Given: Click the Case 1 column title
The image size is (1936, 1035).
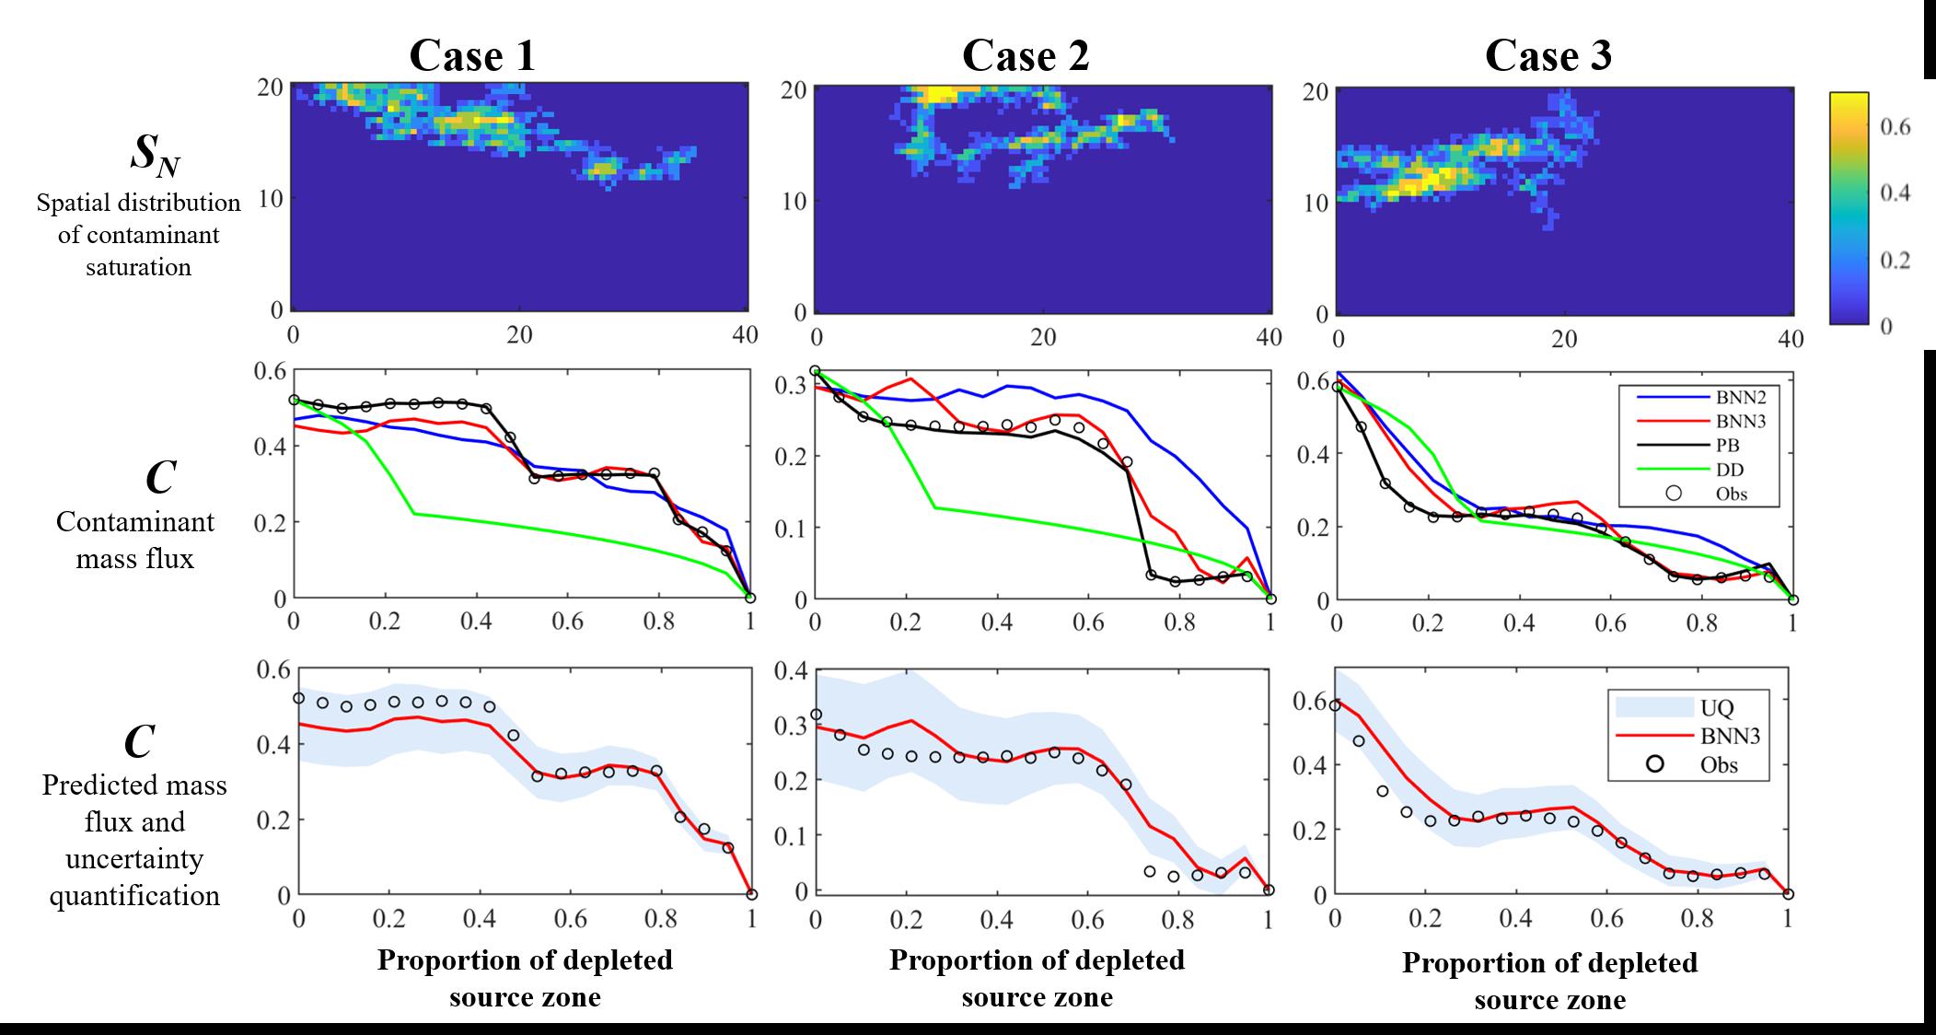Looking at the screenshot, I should (472, 55).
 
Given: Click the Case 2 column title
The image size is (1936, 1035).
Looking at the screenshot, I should (1026, 55).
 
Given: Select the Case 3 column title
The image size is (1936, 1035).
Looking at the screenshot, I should (1548, 55).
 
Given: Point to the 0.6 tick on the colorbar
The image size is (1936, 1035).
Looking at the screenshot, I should (1895, 126).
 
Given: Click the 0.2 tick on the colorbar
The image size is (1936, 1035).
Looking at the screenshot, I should (1895, 260).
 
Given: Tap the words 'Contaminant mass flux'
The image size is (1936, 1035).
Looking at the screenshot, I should (135, 540).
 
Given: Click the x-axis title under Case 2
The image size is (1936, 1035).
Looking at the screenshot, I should (1037, 978).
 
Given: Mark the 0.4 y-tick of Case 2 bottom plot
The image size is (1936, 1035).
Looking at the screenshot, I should (791, 670).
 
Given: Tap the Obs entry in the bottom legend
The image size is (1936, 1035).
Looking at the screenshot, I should (1718, 764).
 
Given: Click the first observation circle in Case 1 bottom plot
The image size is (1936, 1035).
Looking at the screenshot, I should (298, 698).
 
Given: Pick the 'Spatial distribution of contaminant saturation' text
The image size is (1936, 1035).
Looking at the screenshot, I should (138, 235).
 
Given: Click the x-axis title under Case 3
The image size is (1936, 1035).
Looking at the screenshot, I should (1549, 981).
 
